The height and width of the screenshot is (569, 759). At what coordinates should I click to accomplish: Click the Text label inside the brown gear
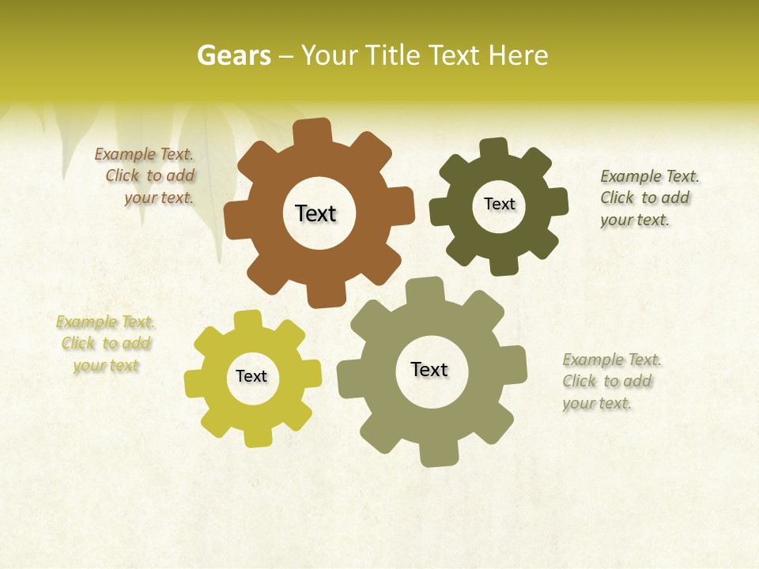[315, 213]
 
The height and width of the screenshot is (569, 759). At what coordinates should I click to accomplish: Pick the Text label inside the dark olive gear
[499, 204]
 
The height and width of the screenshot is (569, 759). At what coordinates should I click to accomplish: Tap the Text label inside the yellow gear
[251, 376]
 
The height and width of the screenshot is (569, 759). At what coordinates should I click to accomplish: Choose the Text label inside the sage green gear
[429, 369]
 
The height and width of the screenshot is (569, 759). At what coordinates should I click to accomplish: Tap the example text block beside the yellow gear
[106, 344]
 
